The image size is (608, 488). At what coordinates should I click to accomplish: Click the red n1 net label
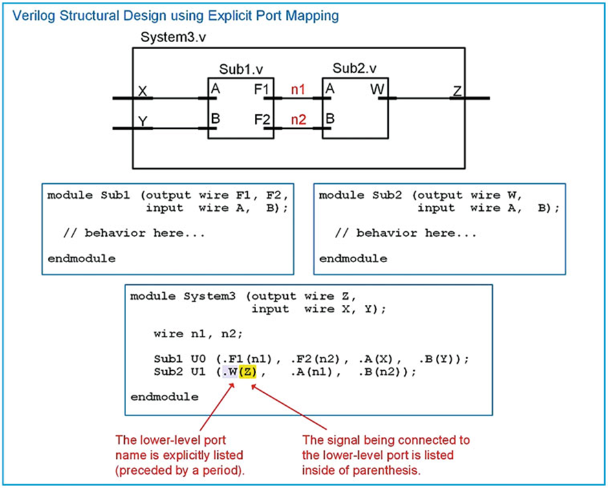(x=298, y=90)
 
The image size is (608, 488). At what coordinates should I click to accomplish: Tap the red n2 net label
(x=298, y=119)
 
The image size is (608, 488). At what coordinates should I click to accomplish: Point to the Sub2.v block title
(x=354, y=68)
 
